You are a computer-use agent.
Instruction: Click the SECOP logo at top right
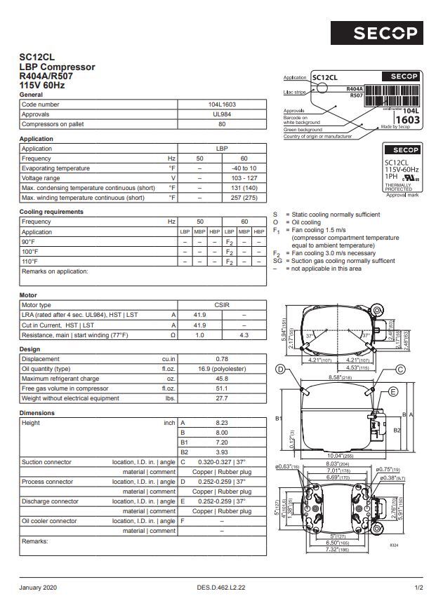point(385,32)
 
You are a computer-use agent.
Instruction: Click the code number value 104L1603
point(222,104)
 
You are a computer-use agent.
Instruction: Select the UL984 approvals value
point(222,114)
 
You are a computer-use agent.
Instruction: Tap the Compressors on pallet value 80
point(222,124)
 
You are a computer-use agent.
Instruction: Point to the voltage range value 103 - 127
point(244,178)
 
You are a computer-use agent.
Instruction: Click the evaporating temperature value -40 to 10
point(244,168)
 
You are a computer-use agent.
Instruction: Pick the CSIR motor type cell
point(222,305)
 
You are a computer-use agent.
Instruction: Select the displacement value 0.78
point(222,359)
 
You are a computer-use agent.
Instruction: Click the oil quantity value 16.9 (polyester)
point(222,369)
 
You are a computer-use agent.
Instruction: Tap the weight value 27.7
point(222,398)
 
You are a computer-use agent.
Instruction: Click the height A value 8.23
point(222,423)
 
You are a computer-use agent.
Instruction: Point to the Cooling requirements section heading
point(51,212)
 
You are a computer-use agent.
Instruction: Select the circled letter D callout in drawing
point(280,370)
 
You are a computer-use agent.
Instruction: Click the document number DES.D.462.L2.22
point(221,587)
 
